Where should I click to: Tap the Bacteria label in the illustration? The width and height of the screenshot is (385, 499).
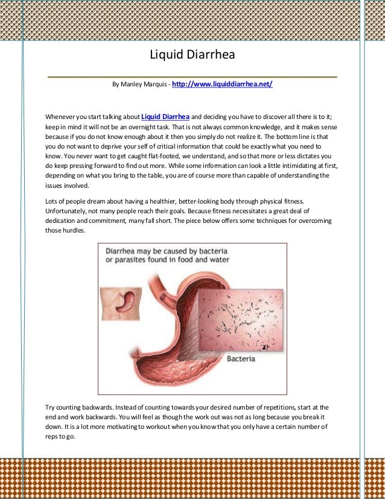[241, 359]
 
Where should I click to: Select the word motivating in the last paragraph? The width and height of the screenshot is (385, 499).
[130, 427]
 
